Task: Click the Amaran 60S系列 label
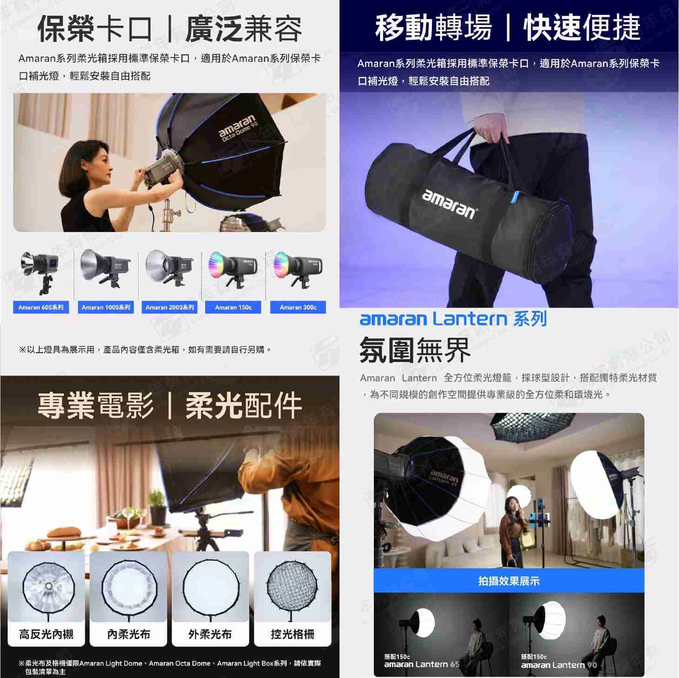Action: point(41,308)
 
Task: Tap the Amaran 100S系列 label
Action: point(106,308)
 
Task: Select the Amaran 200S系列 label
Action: point(170,308)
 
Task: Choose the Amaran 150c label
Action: point(233,308)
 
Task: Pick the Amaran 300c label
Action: point(298,308)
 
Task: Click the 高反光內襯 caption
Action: point(46,634)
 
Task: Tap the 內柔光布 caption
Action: point(128,634)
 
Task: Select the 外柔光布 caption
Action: point(210,634)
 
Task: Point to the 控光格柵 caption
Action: point(293,634)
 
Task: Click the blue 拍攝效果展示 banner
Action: point(509,581)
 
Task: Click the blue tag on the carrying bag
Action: point(513,197)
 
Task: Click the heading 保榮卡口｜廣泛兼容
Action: point(170,29)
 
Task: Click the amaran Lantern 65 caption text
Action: point(422,665)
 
